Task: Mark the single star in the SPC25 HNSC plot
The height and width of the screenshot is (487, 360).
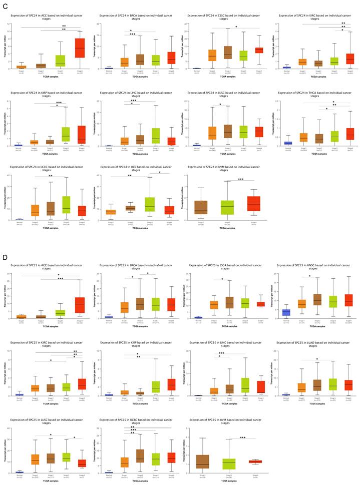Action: point(310,276)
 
